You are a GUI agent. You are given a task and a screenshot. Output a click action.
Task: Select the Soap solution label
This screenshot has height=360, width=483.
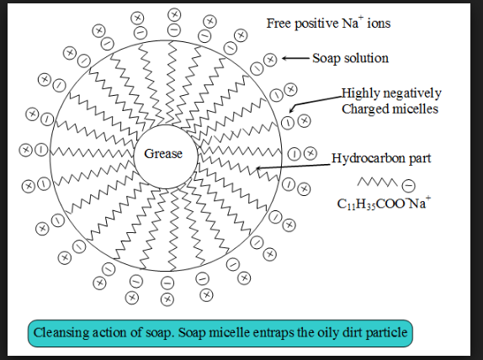click(x=350, y=58)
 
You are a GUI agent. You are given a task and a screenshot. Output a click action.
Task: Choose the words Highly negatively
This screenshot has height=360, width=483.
click(x=390, y=93)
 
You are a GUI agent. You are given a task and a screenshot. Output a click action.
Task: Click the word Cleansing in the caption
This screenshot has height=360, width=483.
click(x=62, y=332)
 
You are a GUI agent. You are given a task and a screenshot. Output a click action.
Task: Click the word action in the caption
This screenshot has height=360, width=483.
click(x=113, y=332)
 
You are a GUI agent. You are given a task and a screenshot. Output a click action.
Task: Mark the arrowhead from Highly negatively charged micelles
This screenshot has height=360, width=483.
click(x=291, y=109)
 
